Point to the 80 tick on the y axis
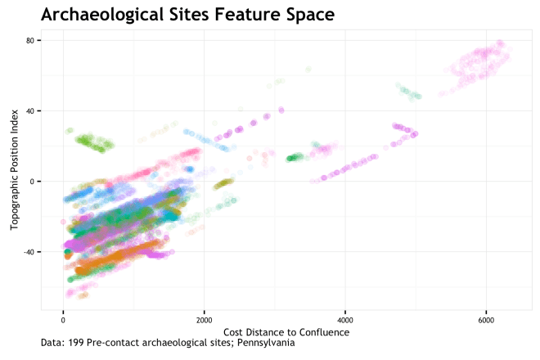tap(31, 41)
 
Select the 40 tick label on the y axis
tap(31, 111)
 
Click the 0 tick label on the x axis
tap(63, 319)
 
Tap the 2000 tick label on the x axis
tap(204, 319)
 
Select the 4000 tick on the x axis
tap(345, 319)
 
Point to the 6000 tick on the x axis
tap(486, 319)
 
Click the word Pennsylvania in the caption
tap(266, 343)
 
